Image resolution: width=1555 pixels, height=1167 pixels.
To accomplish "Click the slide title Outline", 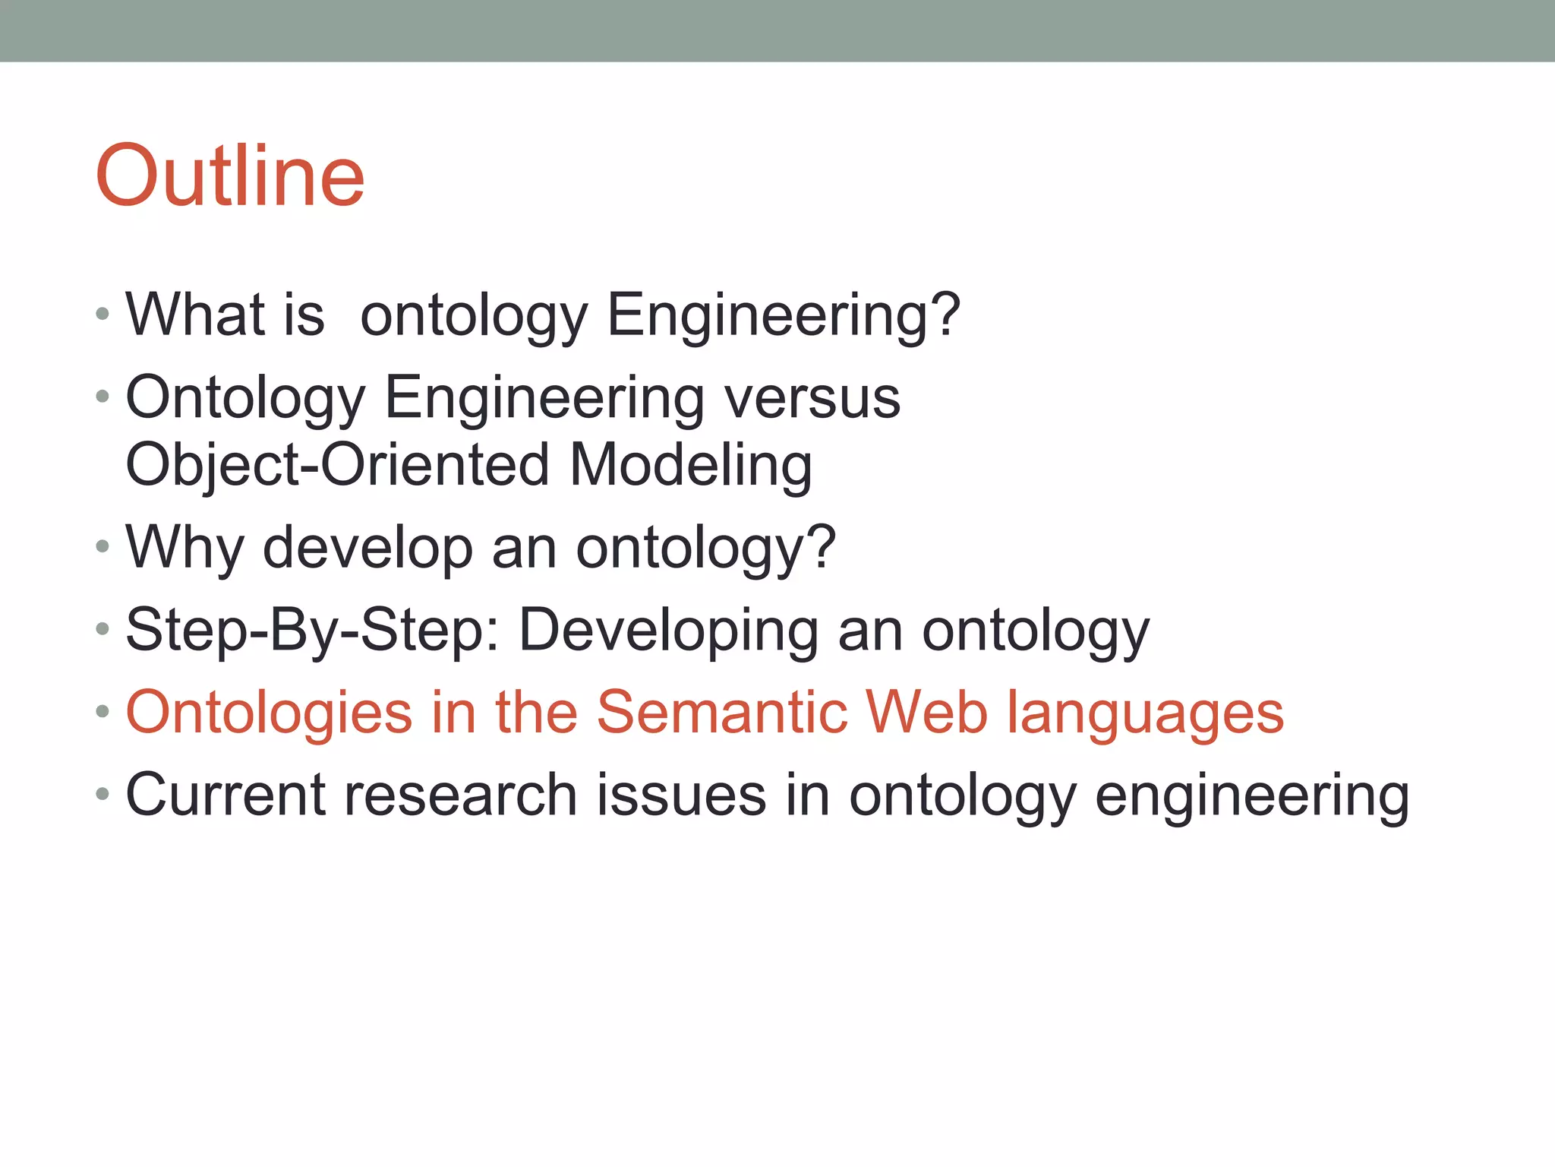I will (x=230, y=176).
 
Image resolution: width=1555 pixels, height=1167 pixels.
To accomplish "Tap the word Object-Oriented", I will (x=337, y=465).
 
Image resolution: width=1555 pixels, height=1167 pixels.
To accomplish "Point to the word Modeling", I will (x=690, y=465).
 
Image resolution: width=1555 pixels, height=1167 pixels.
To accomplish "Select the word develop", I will (x=367, y=549).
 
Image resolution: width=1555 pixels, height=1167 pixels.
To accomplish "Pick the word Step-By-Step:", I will (x=312, y=631).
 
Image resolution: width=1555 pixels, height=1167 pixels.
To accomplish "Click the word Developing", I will (x=668, y=631).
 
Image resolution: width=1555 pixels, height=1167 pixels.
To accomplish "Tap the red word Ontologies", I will (x=269, y=713).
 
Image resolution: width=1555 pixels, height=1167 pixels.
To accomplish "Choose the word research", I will (x=461, y=795).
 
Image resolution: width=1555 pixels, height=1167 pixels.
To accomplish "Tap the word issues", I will (x=681, y=795).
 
